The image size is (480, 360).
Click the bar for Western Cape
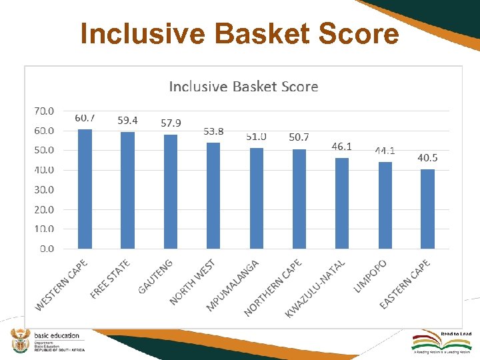pyautogui.click(x=85, y=189)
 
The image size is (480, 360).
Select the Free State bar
pyautogui.click(x=127, y=190)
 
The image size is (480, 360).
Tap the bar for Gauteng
pyautogui.click(x=171, y=191)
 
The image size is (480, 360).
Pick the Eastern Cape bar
pyautogui.click(x=427, y=209)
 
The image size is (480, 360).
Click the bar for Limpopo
pyautogui.click(x=385, y=205)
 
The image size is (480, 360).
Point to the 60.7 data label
pyautogui.click(x=85, y=118)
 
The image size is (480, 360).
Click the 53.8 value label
pyautogui.click(x=213, y=131)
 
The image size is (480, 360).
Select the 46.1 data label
pyautogui.click(x=342, y=146)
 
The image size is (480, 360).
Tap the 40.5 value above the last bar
pyautogui.click(x=427, y=158)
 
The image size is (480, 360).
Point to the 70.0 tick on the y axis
pyautogui.click(x=45, y=111)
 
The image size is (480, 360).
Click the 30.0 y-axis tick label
pyautogui.click(x=45, y=189)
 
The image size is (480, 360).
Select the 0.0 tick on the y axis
pyautogui.click(x=47, y=249)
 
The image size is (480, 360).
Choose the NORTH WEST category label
pyautogui.click(x=192, y=282)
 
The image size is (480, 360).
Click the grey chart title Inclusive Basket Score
pyautogui.click(x=243, y=87)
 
